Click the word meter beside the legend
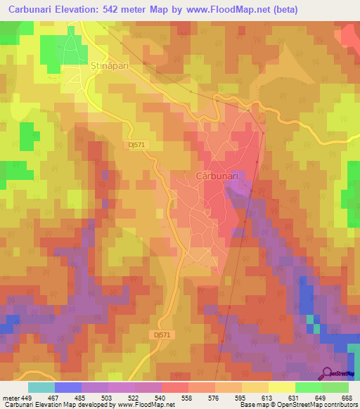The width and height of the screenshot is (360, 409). [x=11, y=398]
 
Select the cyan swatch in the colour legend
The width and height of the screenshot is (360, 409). [x=41, y=387]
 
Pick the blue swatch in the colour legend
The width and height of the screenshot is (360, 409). [x=68, y=387]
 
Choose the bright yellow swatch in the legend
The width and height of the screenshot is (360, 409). [x=281, y=387]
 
